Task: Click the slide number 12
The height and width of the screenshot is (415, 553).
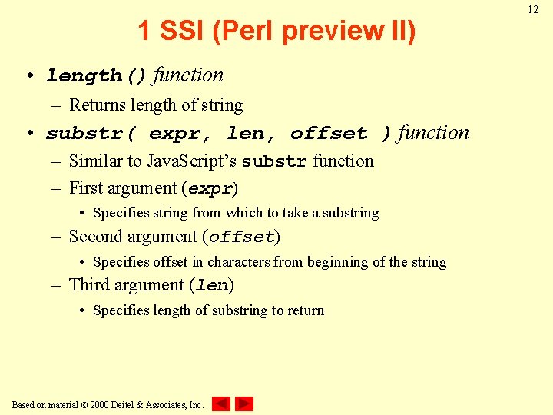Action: pyautogui.click(x=533, y=10)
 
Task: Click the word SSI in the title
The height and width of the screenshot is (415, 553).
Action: pyautogui.click(x=180, y=32)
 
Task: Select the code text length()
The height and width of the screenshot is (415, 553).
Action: pyautogui.click(x=96, y=76)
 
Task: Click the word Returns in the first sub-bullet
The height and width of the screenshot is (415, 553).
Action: pyautogui.click(x=94, y=105)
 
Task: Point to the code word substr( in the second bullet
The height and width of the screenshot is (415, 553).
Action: pyautogui.click(x=91, y=134)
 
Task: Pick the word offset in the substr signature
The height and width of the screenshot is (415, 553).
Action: pyautogui.click(x=329, y=134)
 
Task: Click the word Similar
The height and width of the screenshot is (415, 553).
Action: pyautogui.click(x=94, y=161)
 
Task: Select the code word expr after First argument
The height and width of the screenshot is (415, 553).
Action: pyautogui.click(x=210, y=189)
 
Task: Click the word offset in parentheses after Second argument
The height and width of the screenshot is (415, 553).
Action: pyautogui.click(x=241, y=237)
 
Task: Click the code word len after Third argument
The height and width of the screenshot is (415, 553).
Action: pyautogui.click(x=212, y=286)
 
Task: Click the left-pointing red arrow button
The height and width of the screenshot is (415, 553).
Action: pyautogui.click(x=220, y=403)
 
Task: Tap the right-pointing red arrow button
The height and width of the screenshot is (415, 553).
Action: pyautogui.click(x=244, y=403)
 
